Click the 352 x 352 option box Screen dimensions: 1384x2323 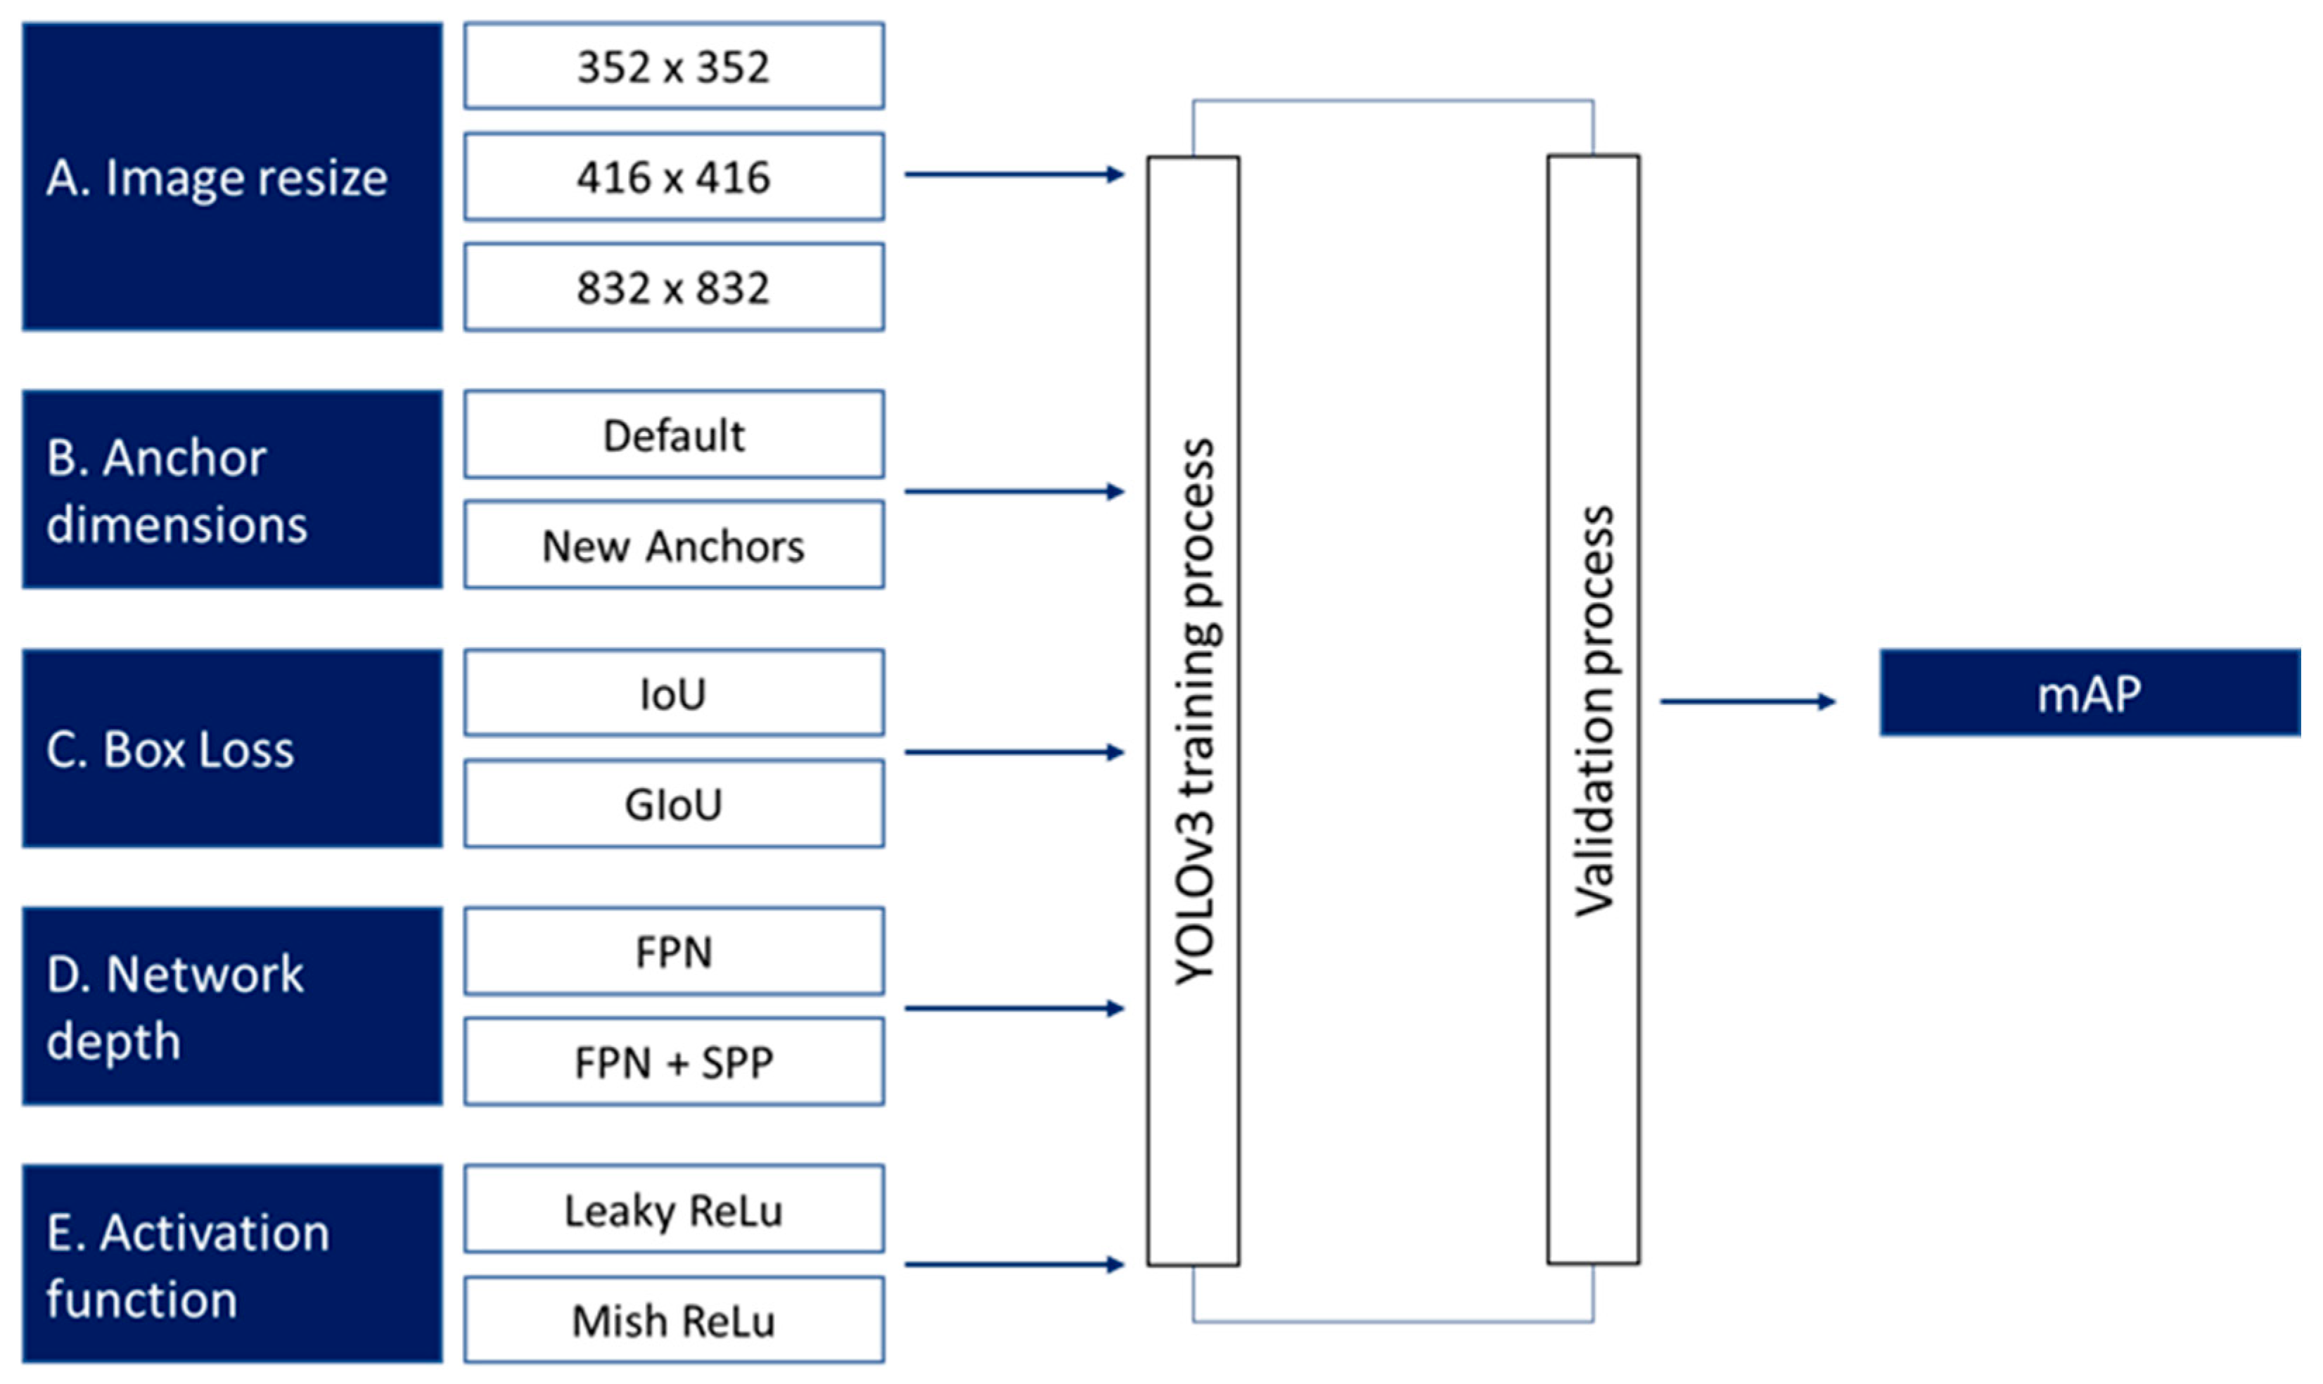point(673,66)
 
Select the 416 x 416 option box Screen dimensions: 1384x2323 point(673,177)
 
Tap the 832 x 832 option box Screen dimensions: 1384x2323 point(673,286)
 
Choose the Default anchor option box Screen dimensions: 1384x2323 point(673,435)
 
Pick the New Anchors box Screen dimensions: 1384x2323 point(673,545)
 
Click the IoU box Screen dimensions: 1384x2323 point(673,693)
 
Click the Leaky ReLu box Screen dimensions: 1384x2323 point(673,1209)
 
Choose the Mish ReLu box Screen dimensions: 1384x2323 point(673,1320)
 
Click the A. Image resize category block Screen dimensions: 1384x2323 point(232,177)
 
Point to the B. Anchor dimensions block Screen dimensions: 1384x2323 point(232,490)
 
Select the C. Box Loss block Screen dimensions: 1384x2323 point(232,748)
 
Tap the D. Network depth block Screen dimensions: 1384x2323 point(232,1006)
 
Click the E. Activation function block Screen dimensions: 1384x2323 point(232,1264)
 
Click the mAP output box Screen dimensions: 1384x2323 point(2089,693)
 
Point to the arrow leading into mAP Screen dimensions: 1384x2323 point(1747,701)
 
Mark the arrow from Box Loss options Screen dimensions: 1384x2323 point(1013,751)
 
